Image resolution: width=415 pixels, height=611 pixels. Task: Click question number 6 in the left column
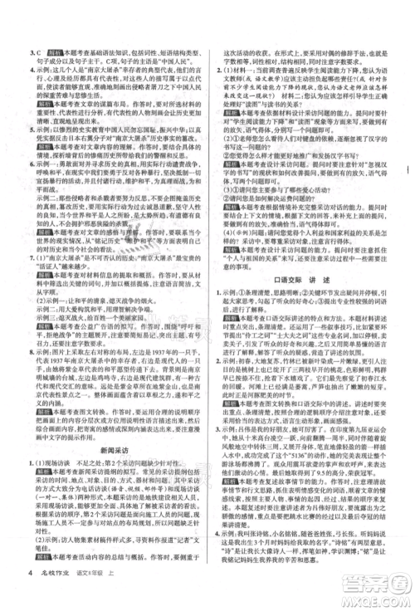pyautogui.click(x=29, y=165)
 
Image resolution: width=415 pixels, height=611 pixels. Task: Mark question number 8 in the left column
pyautogui.click(x=29, y=353)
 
